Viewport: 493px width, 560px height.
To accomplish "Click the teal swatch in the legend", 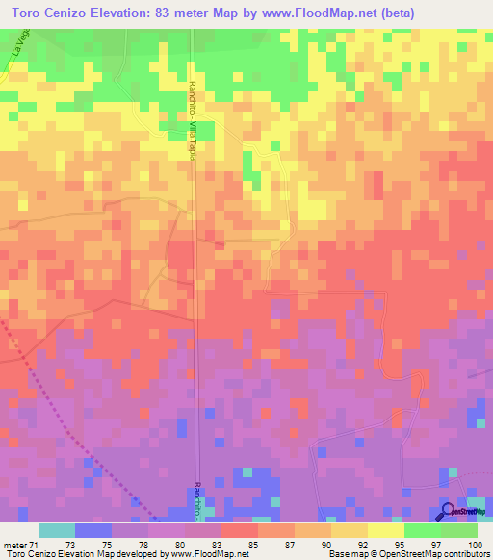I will [x=57, y=530].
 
